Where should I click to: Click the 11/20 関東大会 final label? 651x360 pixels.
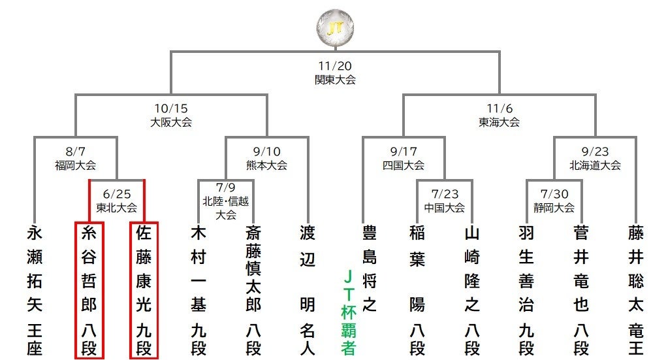pyautogui.click(x=335, y=73)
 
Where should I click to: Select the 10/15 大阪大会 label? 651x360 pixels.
pyautogui.click(x=171, y=115)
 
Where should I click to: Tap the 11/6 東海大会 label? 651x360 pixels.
pyautogui.click(x=499, y=115)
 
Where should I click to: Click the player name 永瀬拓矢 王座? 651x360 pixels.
pyautogui.click(x=35, y=291)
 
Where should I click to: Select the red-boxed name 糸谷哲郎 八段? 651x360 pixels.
pyautogui.click(x=89, y=291)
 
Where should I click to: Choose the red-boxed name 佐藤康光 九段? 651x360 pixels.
pyautogui.click(x=144, y=291)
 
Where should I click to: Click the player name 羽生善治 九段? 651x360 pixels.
pyautogui.click(x=526, y=291)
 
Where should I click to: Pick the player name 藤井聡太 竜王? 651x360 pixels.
pyautogui.click(x=635, y=291)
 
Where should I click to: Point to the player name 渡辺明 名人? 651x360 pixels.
pyautogui.click(x=308, y=291)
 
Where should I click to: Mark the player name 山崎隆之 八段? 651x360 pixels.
pyautogui.click(x=471, y=291)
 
